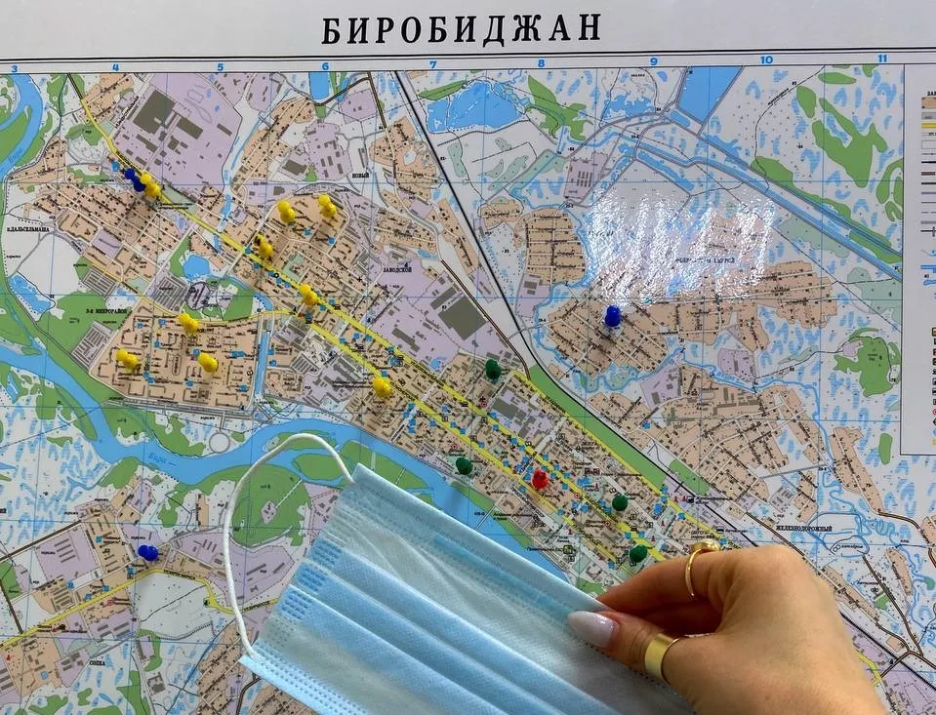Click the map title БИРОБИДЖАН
click(461, 28)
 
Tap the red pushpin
click(540, 478)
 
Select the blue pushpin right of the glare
click(612, 315)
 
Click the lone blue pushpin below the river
click(147, 552)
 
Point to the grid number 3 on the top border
click(14, 68)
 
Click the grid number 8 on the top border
click(540, 63)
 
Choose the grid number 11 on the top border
click(881, 59)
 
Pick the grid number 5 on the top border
click(220, 67)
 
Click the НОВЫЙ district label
click(361, 176)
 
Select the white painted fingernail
click(592, 628)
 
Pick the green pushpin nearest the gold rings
click(637, 553)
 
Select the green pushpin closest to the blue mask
click(464, 465)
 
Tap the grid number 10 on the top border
click(766, 60)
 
